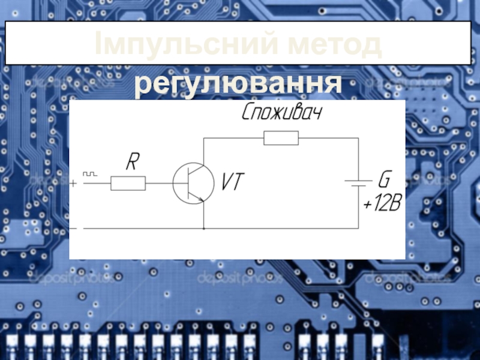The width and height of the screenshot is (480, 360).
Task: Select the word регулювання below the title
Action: click(238, 85)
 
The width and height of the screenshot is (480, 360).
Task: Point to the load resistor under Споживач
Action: click(281, 139)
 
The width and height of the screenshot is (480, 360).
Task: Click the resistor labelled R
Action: click(128, 183)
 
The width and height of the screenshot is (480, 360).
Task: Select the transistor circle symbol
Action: click(193, 184)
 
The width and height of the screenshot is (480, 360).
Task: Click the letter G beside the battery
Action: click(383, 179)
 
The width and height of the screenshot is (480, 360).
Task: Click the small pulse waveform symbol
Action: click(89, 173)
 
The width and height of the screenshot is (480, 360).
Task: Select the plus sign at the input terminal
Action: click(74, 183)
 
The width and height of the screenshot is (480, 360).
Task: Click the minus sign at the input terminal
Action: click(74, 229)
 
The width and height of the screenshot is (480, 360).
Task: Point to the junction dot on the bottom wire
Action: click(204, 229)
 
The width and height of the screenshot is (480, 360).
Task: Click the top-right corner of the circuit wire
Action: click(358, 139)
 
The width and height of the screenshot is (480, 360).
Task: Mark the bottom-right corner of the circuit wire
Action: click(358, 229)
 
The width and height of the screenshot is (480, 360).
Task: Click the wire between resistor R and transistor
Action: click(159, 183)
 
